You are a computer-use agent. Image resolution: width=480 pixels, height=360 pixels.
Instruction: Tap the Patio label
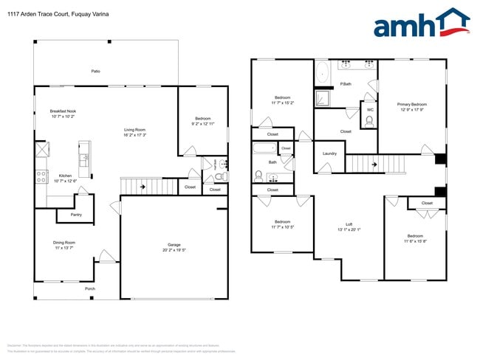pos(95,71)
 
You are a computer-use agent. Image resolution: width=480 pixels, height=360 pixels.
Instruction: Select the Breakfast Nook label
pos(63,111)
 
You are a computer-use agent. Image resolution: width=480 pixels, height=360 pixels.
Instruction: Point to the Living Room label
pos(134,130)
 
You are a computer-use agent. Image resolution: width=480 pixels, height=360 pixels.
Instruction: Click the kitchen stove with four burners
pos(41,176)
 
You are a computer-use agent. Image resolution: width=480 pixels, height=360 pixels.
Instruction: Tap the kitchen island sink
pos(83,157)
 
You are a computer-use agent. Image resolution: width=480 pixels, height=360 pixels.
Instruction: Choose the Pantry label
pos(76,215)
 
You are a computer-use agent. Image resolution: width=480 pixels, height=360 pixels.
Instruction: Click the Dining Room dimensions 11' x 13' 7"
pos(64,248)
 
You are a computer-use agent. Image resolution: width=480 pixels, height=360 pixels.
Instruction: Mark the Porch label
pos(90,288)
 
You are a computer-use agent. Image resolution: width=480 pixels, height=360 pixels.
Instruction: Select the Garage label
pos(174,244)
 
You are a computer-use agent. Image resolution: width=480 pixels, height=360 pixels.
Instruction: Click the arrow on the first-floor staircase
pos(142,187)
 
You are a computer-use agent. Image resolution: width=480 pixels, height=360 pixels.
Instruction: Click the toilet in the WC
pos(369,122)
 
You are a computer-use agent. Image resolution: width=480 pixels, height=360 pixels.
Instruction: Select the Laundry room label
pos(329,153)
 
